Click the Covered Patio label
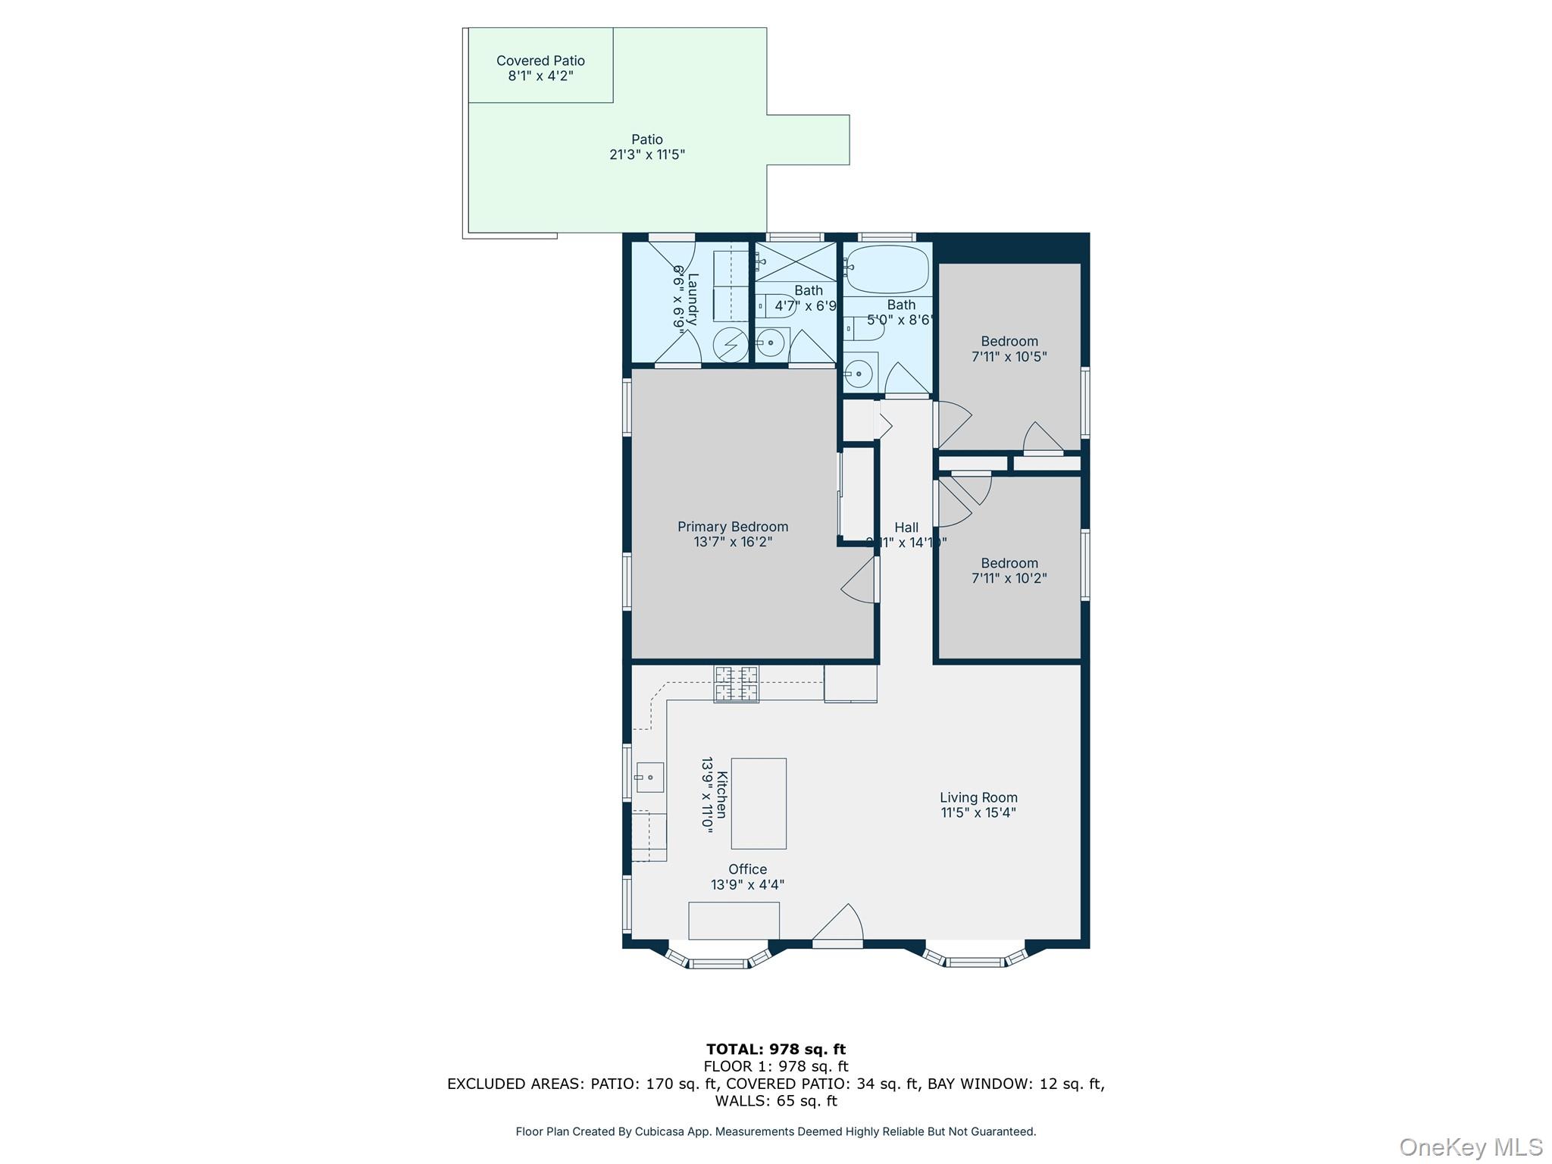coord(540,61)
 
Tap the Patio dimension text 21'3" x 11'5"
coord(647,155)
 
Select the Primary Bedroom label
coord(733,527)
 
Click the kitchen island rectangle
coord(758,803)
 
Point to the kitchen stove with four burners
coord(736,684)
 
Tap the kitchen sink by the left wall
coord(649,778)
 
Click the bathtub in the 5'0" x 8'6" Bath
coord(887,269)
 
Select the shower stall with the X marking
coord(796,261)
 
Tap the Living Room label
coord(978,797)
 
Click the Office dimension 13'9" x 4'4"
coord(747,884)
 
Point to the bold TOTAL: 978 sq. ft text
coord(775,1050)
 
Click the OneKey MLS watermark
coord(1470,1147)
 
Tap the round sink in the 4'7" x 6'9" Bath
coord(771,343)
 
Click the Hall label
coord(906,527)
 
